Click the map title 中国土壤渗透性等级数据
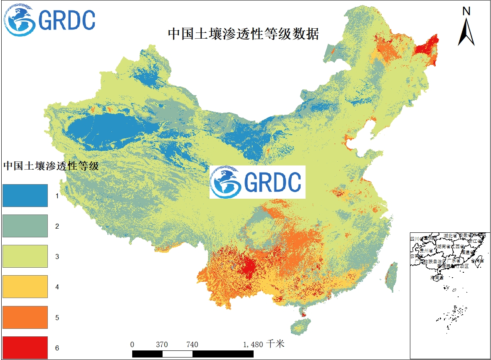pos(243,34)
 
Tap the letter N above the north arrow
pos(466,12)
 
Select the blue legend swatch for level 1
pos(25,195)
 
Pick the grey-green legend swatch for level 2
pos(25,226)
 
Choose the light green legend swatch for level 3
pos(25,256)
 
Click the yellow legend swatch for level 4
pos(25,286)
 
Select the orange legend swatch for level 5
pos(25,317)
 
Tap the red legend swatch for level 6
pos(25,347)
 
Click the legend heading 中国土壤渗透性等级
pos(51,166)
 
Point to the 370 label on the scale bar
pos(162,345)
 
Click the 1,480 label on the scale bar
pos(253,345)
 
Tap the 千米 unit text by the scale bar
pos(276,344)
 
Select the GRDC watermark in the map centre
pos(257,182)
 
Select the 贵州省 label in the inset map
pos(426,251)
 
